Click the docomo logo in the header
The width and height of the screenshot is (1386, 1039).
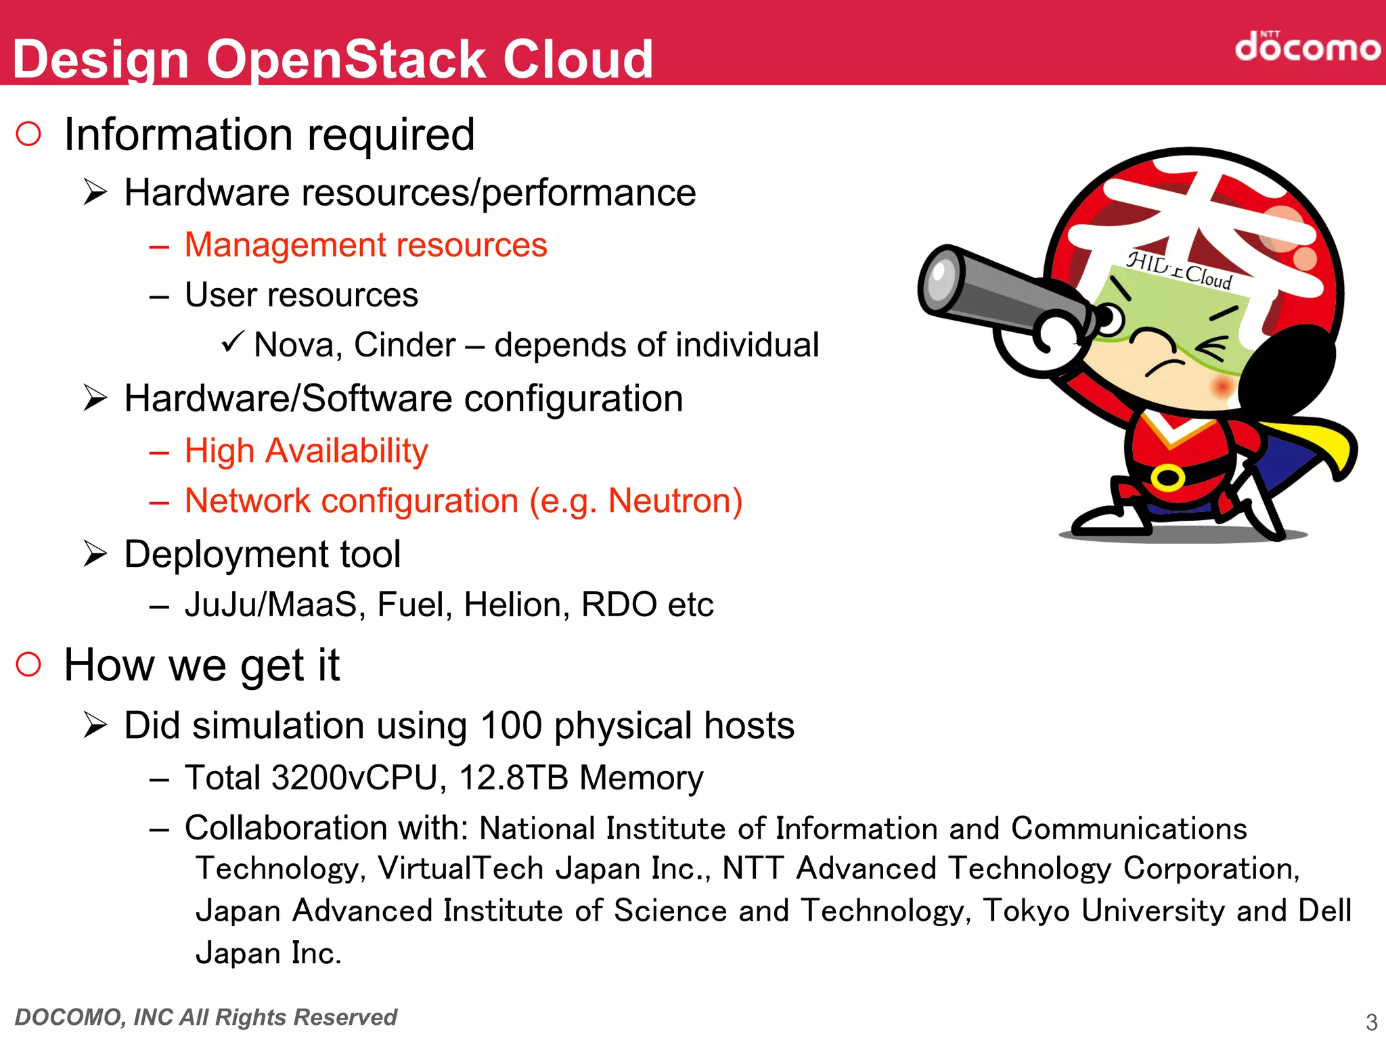1306,47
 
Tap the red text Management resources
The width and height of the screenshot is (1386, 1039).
365,245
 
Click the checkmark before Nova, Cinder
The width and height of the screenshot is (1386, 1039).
231,342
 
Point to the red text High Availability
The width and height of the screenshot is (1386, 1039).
306,451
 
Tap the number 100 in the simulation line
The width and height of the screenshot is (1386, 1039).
511,726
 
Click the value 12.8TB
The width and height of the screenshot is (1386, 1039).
514,778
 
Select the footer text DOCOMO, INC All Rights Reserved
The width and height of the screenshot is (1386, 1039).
206,1017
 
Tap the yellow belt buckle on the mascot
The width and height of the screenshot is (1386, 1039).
1167,478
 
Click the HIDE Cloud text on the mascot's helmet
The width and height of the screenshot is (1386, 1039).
1178,269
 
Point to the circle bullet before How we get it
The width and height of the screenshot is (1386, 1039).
28,664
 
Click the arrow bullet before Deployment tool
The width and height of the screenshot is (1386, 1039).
95,555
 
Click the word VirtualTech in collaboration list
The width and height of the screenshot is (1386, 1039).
460,869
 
